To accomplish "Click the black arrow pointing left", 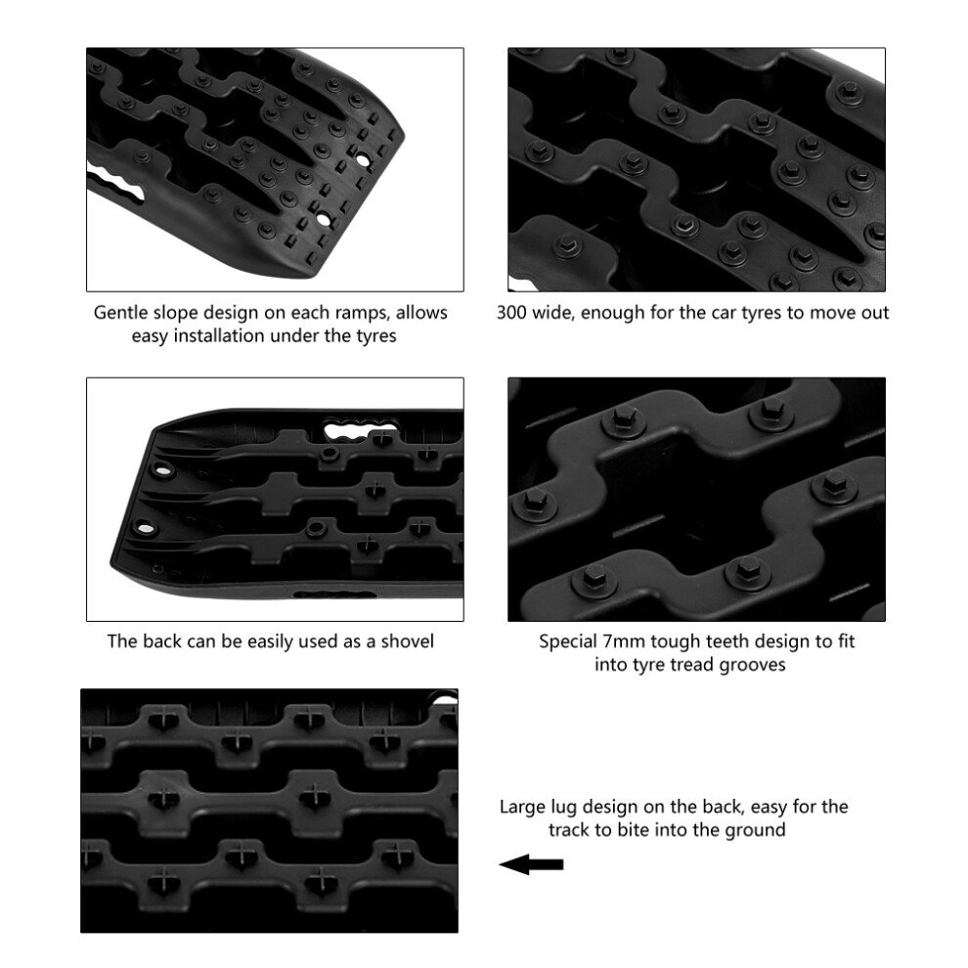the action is (531, 864).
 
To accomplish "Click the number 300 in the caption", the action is (511, 312).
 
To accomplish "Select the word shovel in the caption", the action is (407, 641).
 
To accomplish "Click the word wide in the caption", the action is (552, 312).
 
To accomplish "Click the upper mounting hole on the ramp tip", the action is (364, 160).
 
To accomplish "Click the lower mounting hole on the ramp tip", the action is (324, 219).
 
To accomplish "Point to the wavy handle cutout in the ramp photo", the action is (117, 185).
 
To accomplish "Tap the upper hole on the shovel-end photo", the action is (163, 471).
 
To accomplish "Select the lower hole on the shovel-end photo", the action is (145, 529).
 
